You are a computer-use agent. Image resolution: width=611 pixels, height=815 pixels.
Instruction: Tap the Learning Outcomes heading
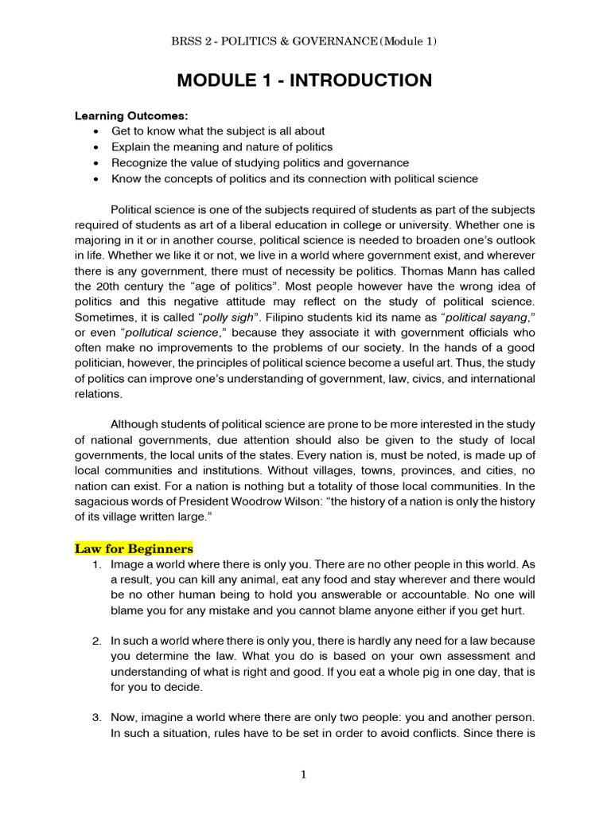coord(126,115)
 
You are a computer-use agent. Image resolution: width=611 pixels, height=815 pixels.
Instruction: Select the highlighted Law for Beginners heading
coord(134,548)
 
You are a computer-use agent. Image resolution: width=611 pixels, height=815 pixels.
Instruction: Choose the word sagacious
coord(106,502)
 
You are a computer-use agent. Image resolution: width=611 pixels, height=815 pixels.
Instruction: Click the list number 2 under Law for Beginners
coord(95,641)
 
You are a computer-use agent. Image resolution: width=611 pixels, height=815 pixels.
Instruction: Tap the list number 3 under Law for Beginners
coord(95,717)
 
